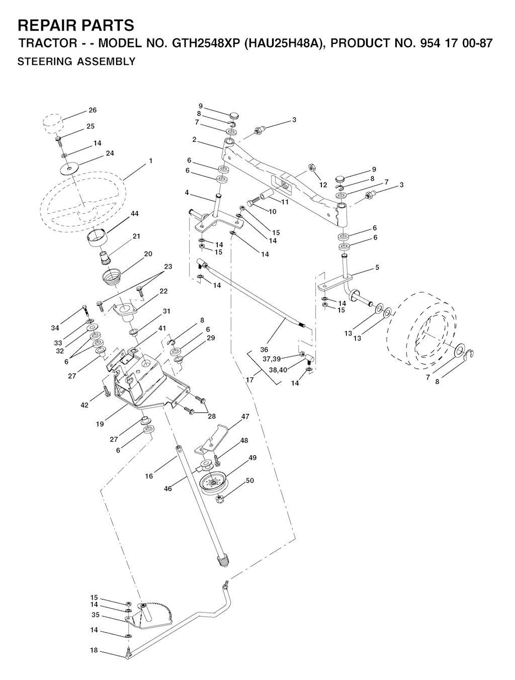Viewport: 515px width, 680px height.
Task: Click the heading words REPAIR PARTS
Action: click(76, 26)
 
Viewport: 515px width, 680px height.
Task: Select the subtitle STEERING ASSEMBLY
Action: click(76, 62)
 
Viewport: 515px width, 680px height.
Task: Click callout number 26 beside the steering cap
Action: click(93, 110)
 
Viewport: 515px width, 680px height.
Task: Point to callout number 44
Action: click(134, 213)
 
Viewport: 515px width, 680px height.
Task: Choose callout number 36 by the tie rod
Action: click(264, 350)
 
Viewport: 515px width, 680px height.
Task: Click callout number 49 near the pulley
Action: click(252, 457)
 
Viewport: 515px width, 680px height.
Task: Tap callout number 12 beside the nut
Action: click(323, 185)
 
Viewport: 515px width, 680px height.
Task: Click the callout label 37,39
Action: click(272, 359)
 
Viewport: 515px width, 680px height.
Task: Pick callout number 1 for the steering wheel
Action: click(150, 161)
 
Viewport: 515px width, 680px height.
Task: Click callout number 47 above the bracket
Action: click(245, 416)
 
